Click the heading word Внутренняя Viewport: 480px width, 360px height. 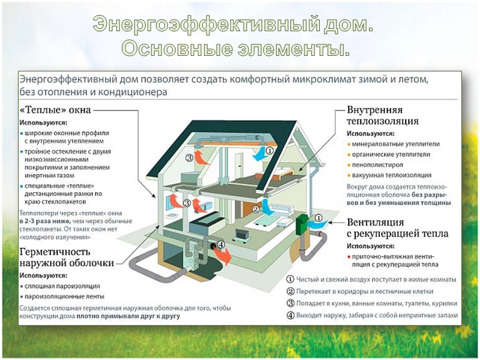click(x=374, y=110)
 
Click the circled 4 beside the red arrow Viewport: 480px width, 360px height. click(x=220, y=245)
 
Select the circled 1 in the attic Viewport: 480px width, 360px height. click(x=269, y=152)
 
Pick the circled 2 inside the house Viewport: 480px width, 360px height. click(x=256, y=209)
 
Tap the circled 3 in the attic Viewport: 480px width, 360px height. click(x=190, y=158)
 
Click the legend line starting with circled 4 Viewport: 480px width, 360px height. click(x=372, y=315)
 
